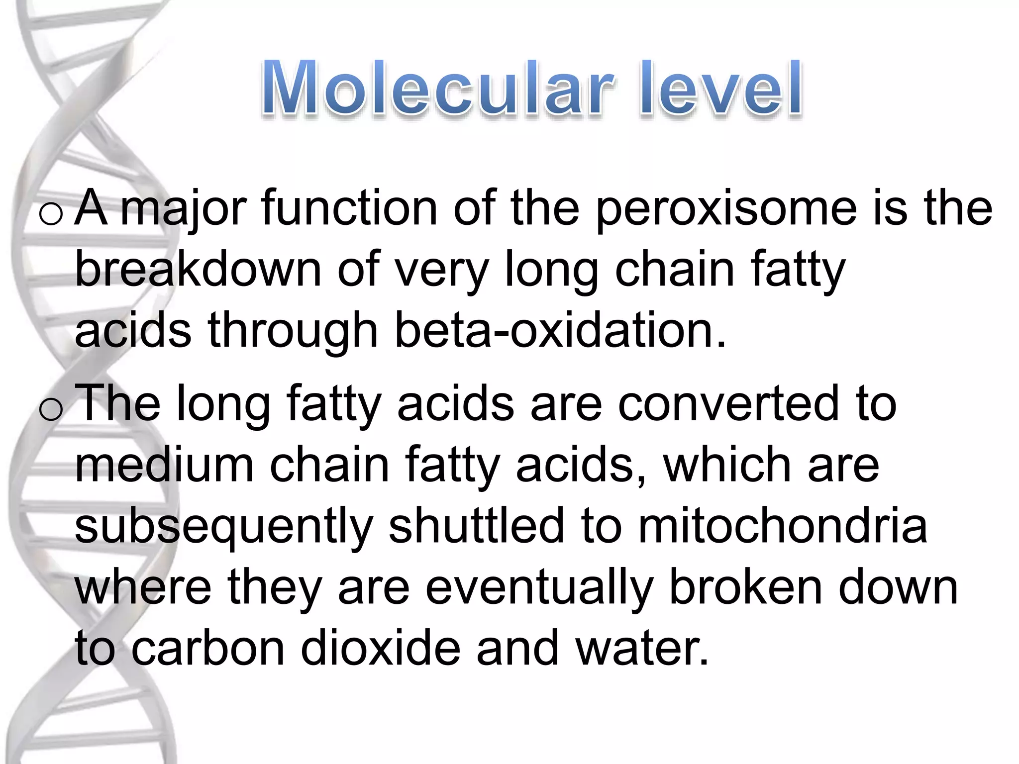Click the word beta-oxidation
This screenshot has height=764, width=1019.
[x=560, y=330]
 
